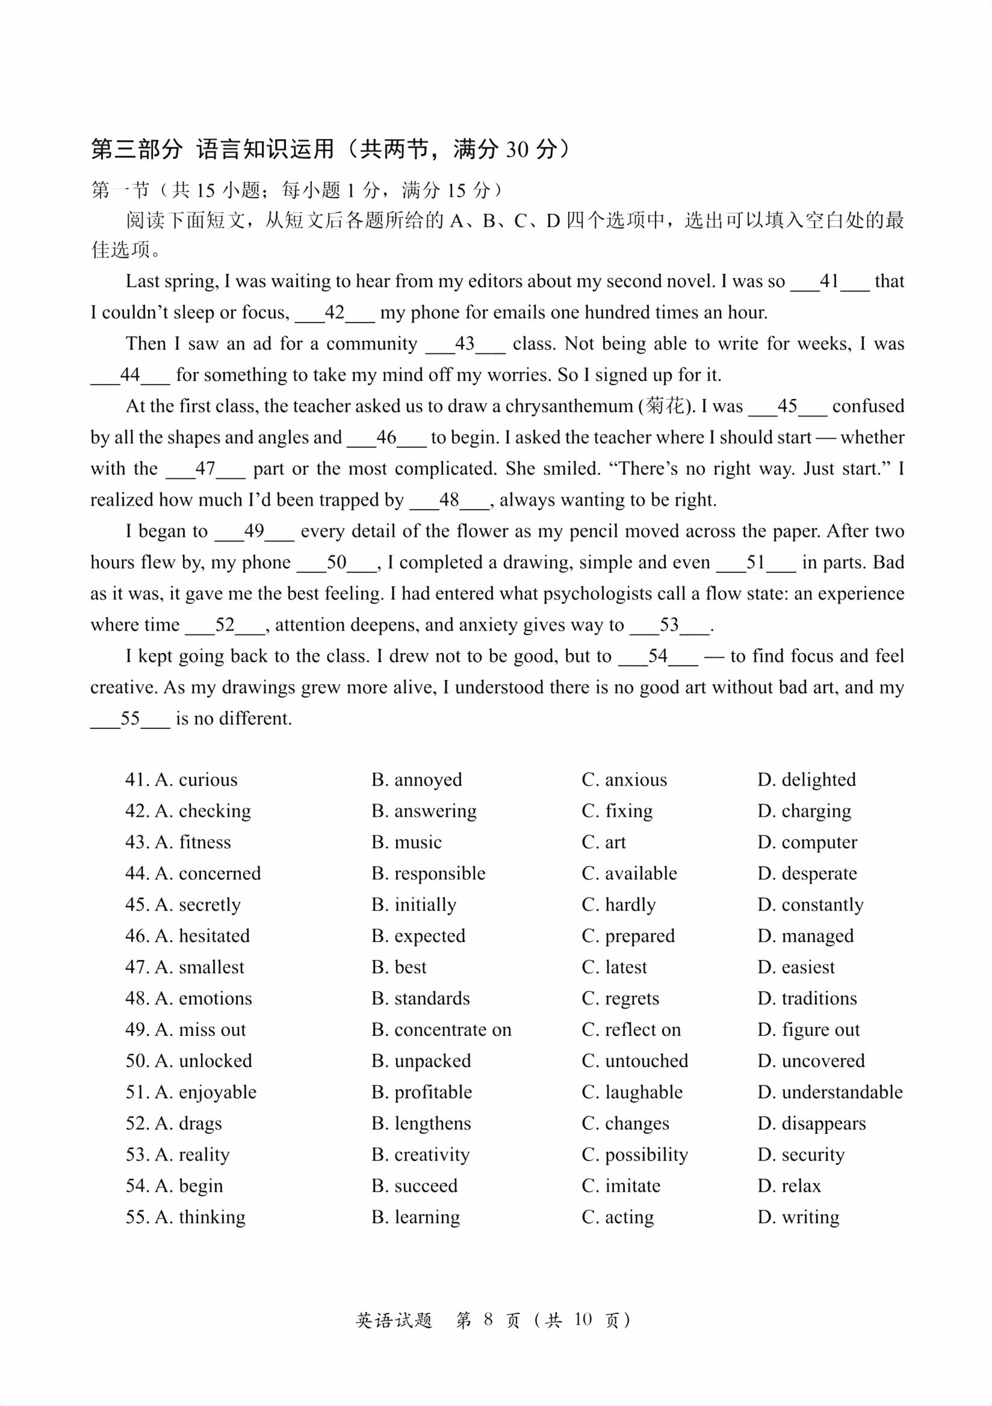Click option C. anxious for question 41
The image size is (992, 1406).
pyautogui.click(x=624, y=779)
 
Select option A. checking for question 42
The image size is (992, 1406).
pyautogui.click(x=203, y=811)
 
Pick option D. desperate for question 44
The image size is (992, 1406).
pyautogui.click(x=807, y=873)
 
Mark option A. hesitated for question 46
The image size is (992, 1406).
pyautogui.click(x=203, y=936)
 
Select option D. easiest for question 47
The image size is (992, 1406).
pyautogui.click(x=796, y=967)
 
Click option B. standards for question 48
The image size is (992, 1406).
pyautogui.click(x=421, y=998)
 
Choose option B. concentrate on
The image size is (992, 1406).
pyautogui.click(x=441, y=1029)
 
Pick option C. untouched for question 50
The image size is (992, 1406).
pyautogui.click(x=635, y=1061)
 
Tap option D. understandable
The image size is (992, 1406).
pyautogui.click(x=829, y=1092)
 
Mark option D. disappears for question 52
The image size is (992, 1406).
pyautogui.click(x=811, y=1123)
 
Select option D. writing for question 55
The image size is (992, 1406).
pyautogui.click(x=799, y=1217)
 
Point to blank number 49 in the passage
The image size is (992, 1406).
pyautogui.click(x=254, y=531)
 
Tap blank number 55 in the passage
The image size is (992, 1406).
pyautogui.click(x=130, y=718)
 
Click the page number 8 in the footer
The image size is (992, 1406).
pyautogui.click(x=488, y=1319)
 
